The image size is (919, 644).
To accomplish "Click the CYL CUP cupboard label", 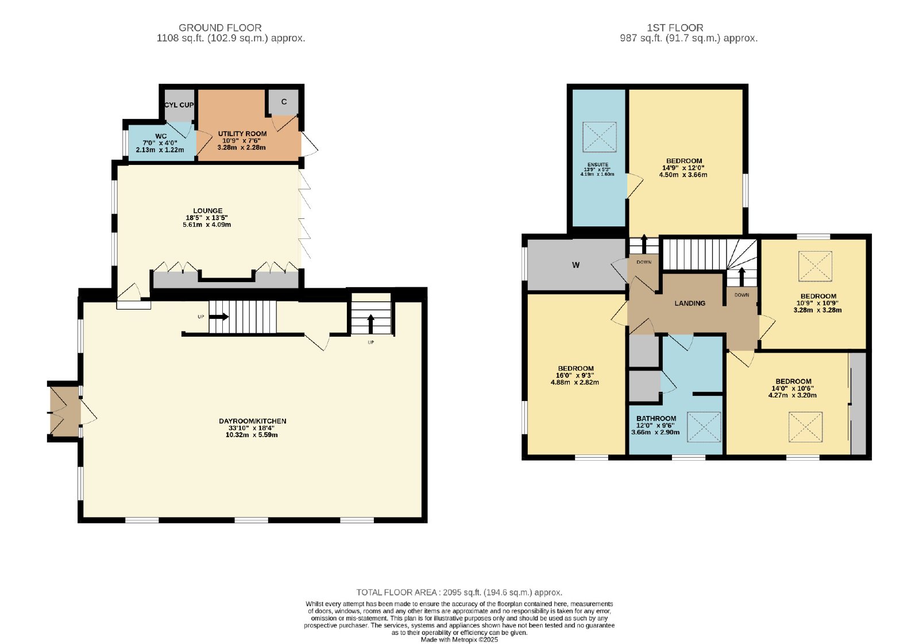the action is (179, 105).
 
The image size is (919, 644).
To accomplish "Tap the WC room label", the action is (161, 136).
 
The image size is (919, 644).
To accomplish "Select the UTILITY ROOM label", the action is (242, 134).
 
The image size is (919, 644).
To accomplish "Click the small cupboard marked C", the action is (284, 102).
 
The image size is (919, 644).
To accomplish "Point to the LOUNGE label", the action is (208, 211).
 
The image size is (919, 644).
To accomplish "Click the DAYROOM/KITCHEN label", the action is (252, 421).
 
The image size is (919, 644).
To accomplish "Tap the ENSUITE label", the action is (598, 165).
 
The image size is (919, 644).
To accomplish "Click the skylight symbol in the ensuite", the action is (600, 137).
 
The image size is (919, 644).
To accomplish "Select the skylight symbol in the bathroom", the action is (704, 427).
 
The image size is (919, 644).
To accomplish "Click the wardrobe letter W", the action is (576, 265).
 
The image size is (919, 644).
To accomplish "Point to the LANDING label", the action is (690, 303).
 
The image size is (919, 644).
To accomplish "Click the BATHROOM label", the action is (657, 419).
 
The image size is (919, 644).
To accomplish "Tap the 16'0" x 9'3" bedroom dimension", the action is (575, 376).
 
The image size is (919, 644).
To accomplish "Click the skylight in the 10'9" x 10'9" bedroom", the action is (815, 267).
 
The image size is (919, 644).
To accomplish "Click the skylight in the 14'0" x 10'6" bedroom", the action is (805, 427).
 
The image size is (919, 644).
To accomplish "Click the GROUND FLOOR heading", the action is (220, 28).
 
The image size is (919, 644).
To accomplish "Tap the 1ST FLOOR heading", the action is (675, 28).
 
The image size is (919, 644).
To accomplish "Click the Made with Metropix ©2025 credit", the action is (459, 640).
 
